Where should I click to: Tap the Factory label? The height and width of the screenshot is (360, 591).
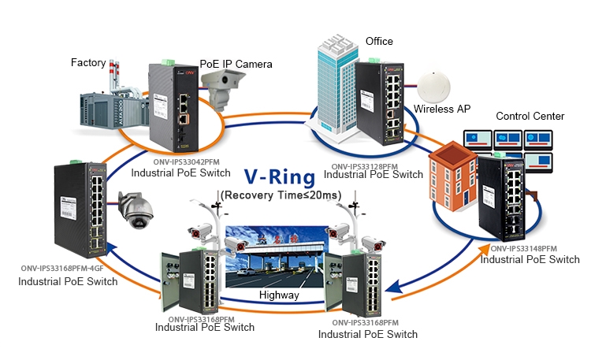pyautogui.click(x=88, y=62)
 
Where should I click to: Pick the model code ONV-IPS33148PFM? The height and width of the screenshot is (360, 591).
pyautogui.click(x=530, y=248)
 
